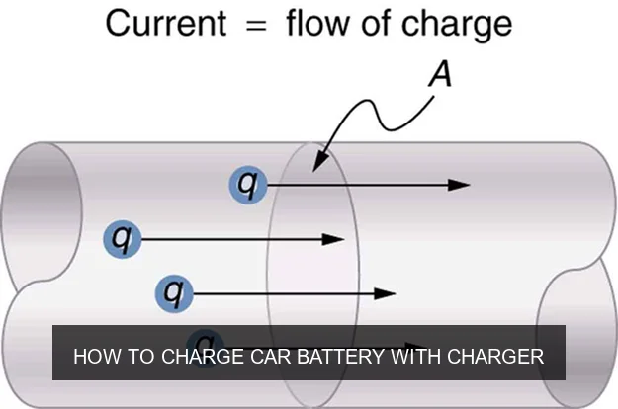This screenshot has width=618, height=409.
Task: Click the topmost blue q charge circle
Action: (x=247, y=184)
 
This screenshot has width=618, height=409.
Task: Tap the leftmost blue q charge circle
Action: (x=123, y=238)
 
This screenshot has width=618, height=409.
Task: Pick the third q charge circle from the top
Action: (x=175, y=292)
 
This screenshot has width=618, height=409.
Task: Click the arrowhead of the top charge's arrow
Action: (x=458, y=184)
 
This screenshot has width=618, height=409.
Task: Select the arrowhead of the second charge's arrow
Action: (x=333, y=238)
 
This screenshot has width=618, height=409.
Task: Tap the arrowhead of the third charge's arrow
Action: (x=385, y=292)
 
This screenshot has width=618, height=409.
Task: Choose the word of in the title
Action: (x=375, y=23)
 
